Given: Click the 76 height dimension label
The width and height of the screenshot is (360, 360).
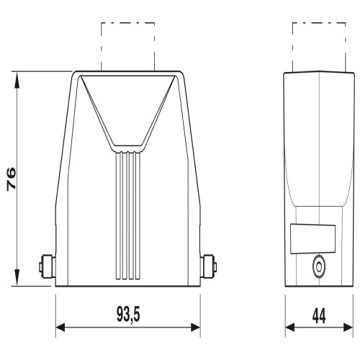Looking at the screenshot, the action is click(12, 179).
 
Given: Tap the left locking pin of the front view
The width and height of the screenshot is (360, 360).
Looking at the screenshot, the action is click(48, 266).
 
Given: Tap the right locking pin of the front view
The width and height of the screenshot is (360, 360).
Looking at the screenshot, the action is click(209, 266).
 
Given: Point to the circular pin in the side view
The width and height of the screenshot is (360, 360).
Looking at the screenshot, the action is click(319, 267).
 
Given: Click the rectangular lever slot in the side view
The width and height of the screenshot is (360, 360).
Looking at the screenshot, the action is click(313, 239).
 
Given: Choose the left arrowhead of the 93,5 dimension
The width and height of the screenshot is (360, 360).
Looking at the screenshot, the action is click(60, 328).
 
